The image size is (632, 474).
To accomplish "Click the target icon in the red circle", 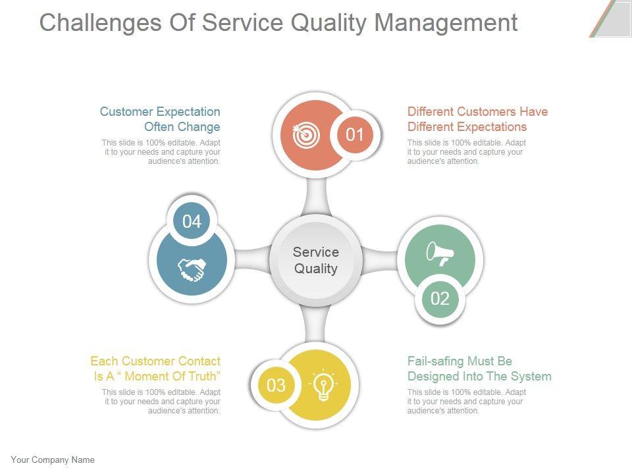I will pos(303,135).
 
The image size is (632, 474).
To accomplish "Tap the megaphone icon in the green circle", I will pos(440,253).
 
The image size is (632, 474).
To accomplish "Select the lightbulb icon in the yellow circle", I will pos(323,386).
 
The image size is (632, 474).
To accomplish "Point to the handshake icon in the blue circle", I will pos(192,269).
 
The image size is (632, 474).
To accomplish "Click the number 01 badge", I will pos(355,135).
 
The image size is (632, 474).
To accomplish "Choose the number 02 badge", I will pos(440,299).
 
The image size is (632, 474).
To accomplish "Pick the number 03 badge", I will pos(276,385).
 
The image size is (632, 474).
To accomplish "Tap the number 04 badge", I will pos(192,221).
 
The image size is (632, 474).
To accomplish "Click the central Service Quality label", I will pos(316,260).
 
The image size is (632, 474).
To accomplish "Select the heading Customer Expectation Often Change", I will pos(160,119).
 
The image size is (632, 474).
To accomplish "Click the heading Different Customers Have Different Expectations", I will pos(477,119).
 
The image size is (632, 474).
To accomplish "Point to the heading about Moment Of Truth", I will pos(155,369).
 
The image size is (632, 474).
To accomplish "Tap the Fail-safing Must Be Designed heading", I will pos(479,369).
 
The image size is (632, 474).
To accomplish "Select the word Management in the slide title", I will pos(446,22).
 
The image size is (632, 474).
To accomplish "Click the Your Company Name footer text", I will pos(53,460).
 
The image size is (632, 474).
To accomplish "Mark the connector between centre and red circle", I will pos(316,196).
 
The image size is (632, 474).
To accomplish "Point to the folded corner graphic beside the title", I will pos(611,18).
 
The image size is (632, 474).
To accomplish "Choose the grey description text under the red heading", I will pos(466,152).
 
